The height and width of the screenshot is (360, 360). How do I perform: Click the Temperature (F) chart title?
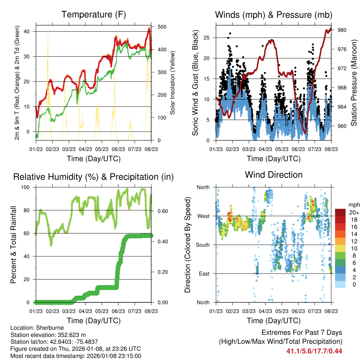click(x=94, y=15)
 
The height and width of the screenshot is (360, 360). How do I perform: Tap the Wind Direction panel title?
click(x=274, y=175)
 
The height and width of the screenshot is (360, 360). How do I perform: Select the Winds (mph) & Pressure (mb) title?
click(x=274, y=15)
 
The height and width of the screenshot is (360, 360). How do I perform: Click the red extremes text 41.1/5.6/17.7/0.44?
click(x=314, y=351)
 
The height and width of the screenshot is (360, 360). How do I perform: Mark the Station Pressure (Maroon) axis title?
click(x=354, y=83)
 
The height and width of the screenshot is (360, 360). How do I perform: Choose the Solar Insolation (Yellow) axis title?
click(x=173, y=83)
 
